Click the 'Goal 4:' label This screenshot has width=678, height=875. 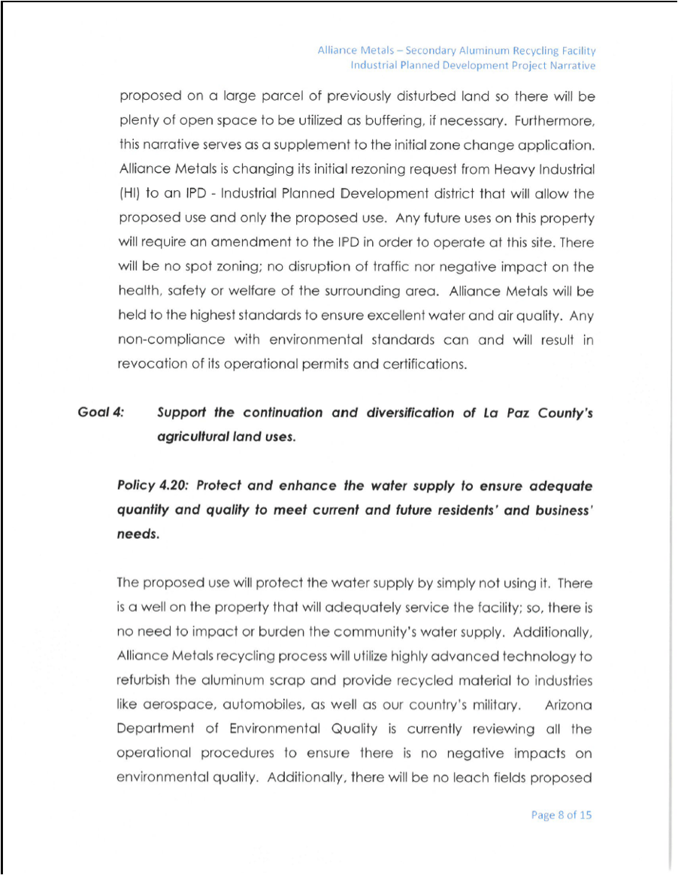101,413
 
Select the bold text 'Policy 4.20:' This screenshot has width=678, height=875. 153,486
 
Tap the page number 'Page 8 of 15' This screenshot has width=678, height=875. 561,815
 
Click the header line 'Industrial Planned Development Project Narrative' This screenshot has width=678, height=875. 473,65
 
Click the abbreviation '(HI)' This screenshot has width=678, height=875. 130,194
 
